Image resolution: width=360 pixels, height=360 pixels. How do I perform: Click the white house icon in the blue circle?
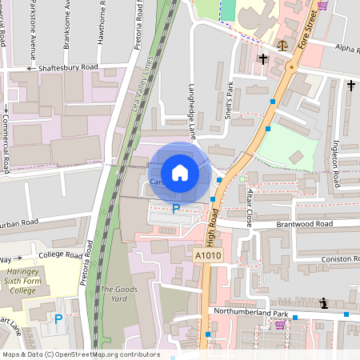click(180, 173)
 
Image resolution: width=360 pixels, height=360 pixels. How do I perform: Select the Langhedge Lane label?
click(192, 112)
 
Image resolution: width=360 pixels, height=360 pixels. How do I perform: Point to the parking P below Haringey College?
click(58, 319)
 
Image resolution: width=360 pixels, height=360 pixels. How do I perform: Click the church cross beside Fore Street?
click(262, 58)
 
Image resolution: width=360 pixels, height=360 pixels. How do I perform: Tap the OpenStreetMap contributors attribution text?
click(80, 354)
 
